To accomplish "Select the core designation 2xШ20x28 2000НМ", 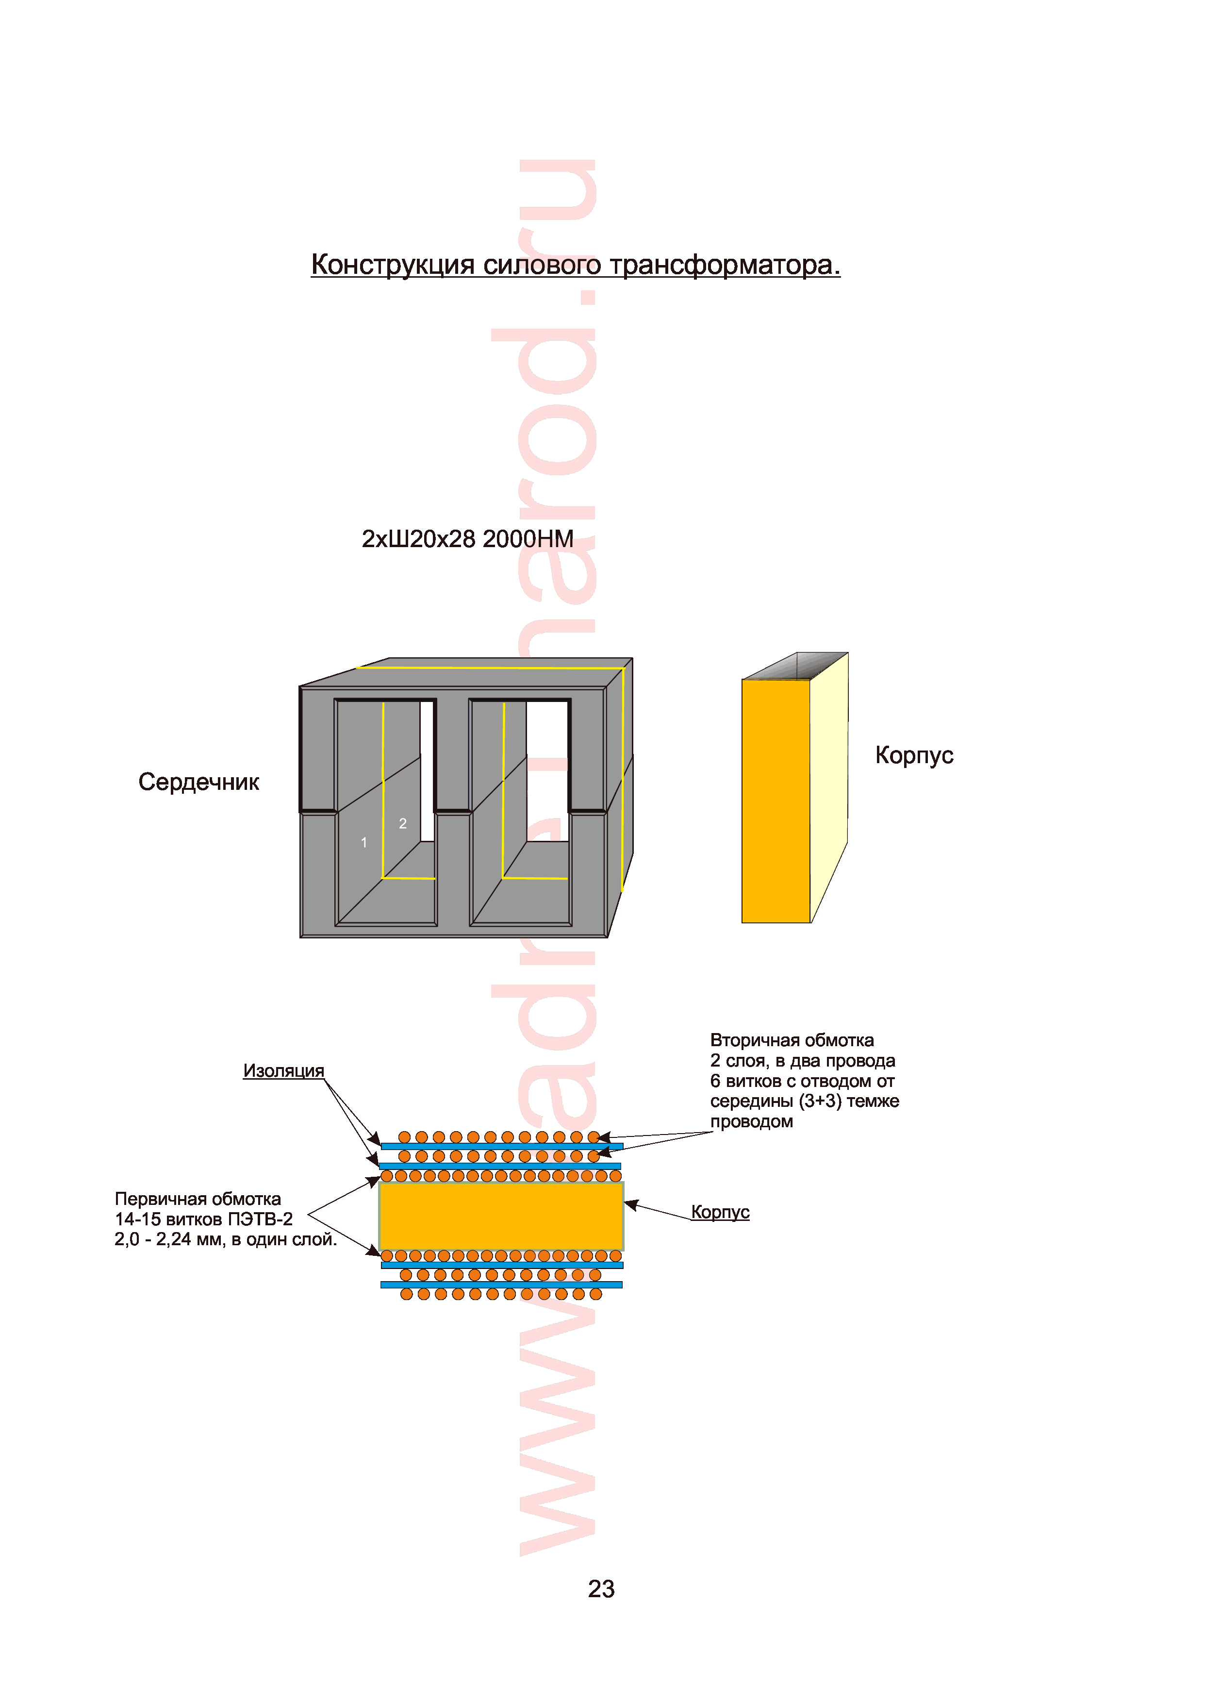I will (467, 539).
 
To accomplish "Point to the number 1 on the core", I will (363, 842).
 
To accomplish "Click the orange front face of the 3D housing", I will (776, 801).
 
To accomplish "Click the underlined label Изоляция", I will (283, 1071).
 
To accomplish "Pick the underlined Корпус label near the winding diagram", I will (720, 1212).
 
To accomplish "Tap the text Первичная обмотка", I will (198, 1199).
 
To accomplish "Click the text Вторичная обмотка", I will (792, 1040).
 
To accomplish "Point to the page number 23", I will (601, 1589).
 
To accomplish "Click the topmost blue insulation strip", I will (502, 1147).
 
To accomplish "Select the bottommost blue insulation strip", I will (502, 1285).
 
